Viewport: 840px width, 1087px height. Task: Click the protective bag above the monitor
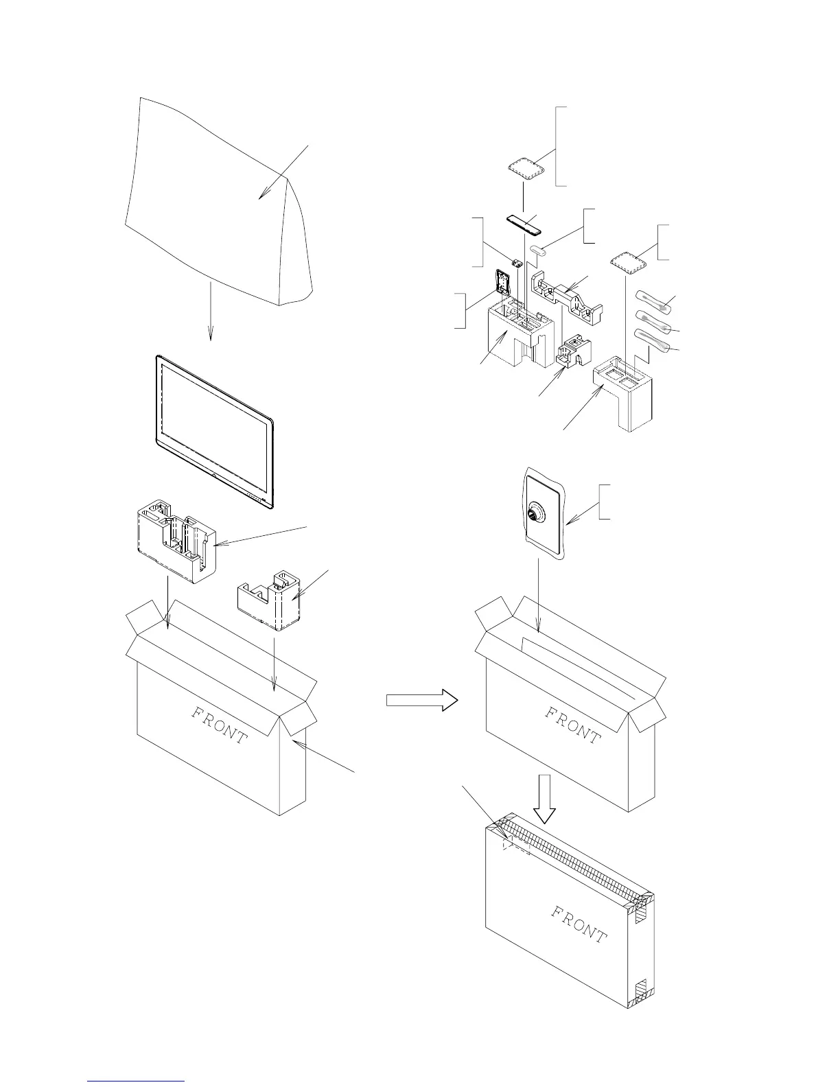click(x=213, y=199)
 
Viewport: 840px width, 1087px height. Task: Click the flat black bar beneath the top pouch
click(x=524, y=223)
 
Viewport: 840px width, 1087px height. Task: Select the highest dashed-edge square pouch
click(x=526, y=168)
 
